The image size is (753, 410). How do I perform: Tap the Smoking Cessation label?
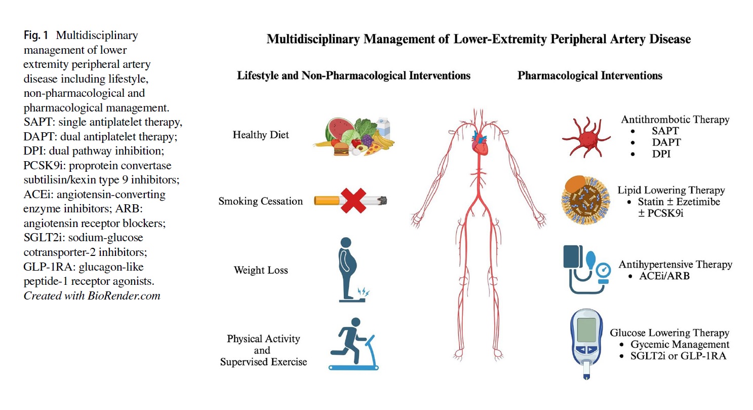[x=260, y=201]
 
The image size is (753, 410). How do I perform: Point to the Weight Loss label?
[x=260, y=270]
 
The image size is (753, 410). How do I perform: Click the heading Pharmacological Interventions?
[x=589, y=76]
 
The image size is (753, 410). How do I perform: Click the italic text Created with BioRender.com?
[x=92, y=296]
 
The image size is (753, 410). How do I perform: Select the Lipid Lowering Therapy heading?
[x=671, y=190]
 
